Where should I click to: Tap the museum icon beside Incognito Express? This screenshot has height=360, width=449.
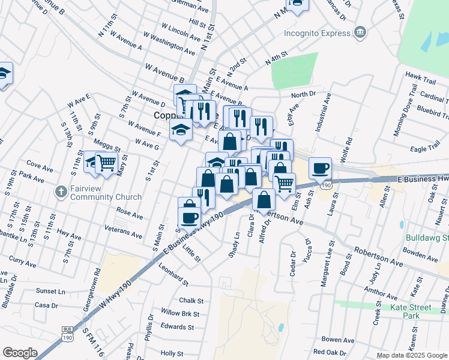coord(360,32)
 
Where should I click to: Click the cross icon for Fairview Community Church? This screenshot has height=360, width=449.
coord(60,192)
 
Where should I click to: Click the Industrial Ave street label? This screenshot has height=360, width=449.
coord(320,112)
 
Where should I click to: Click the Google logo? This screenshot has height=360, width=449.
coord(20,353)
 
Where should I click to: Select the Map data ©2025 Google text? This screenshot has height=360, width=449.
coord(411,355)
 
